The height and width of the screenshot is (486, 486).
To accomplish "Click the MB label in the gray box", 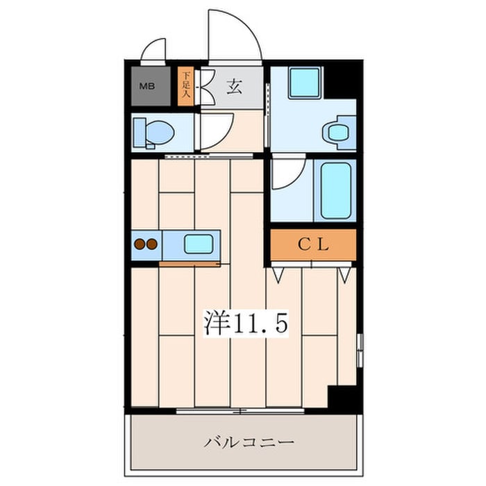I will click(147, 87).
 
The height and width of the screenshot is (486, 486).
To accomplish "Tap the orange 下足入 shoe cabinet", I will click(186, 87).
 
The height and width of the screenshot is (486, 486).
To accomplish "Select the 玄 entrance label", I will click(234, 87).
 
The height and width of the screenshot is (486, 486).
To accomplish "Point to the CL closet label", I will click(313, 244).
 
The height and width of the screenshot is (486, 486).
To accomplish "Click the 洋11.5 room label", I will click(244, 323).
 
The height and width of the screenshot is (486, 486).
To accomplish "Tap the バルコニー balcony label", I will click(249, 442).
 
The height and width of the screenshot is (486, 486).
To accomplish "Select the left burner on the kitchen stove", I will click(140, 244).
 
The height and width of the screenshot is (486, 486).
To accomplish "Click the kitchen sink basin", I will click(198, 244).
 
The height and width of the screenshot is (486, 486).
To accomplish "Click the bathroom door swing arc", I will click(286, 177).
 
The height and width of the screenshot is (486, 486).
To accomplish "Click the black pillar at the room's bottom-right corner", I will click(342, 399).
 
